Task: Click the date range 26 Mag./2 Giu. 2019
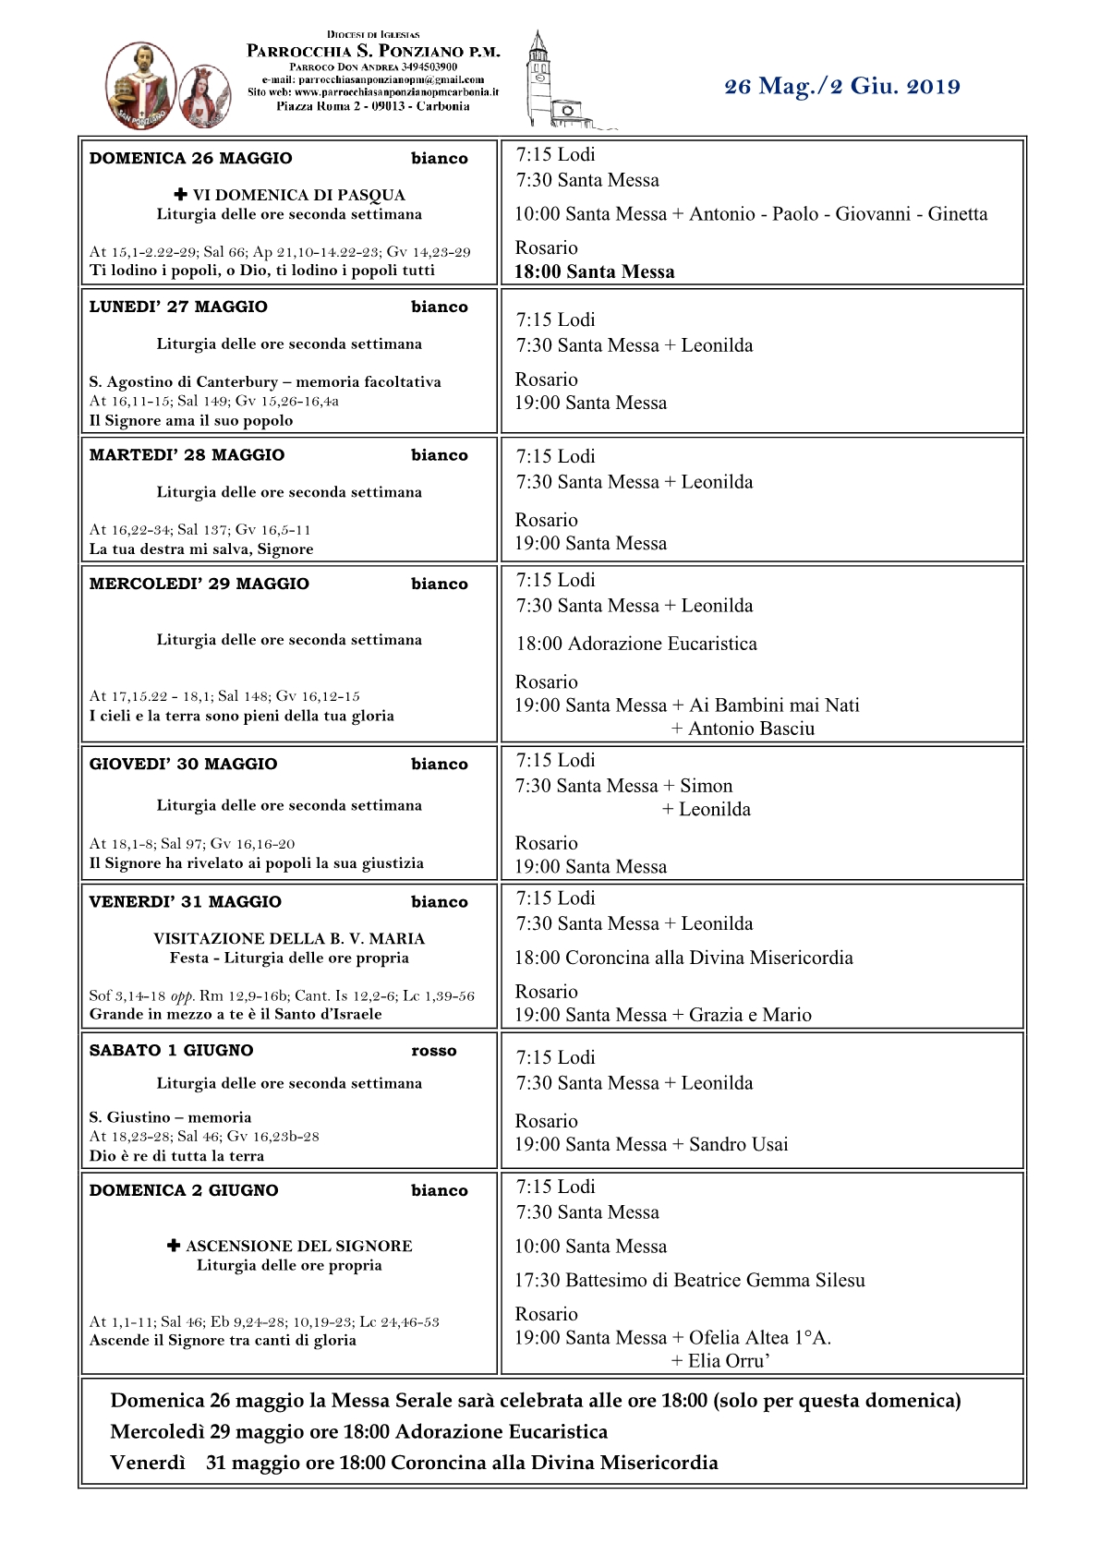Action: (841, 87)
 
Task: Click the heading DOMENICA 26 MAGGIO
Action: (190, 159)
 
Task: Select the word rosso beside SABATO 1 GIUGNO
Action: (433, 1051)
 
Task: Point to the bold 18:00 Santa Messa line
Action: (594, 272)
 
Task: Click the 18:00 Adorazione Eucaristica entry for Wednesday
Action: (635, 644)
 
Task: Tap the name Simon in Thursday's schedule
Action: (706, 786)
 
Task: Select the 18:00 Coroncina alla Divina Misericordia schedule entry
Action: (683, 958)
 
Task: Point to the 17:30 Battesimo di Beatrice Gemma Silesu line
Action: (689, 1280)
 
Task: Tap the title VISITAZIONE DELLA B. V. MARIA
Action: (289, 938)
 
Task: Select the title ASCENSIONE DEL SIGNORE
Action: (298, 1246)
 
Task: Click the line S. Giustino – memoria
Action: (170, 1117)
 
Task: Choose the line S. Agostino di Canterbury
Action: (265, 381)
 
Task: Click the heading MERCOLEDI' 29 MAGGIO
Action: (199, 584)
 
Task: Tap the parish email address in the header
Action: (373, 79)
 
